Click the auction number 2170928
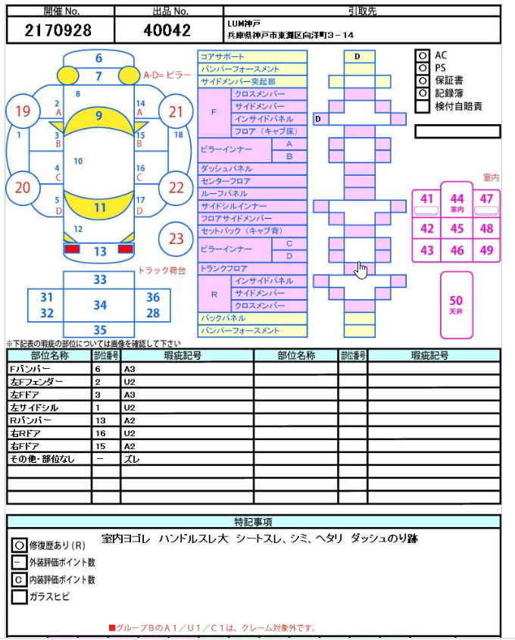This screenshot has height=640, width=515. point(58,30)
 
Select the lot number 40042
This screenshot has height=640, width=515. point(167,30)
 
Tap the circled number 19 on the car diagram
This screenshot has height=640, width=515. point(23,112)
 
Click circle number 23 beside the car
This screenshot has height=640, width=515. point(176,239)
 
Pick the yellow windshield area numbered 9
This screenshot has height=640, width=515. point(98,116)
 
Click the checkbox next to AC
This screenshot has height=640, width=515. point(422,55)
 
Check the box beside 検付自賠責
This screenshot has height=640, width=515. point(422,106)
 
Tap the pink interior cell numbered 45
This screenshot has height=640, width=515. point(457,229)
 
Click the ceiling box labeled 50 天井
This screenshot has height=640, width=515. point(456,304)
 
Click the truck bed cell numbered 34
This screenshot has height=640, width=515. point(100,305)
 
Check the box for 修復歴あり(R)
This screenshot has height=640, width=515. point(20,545)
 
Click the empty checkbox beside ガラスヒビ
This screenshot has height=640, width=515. point(20,597)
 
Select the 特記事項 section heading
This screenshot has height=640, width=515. point(254,522)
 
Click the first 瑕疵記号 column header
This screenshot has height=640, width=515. point(186,355)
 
